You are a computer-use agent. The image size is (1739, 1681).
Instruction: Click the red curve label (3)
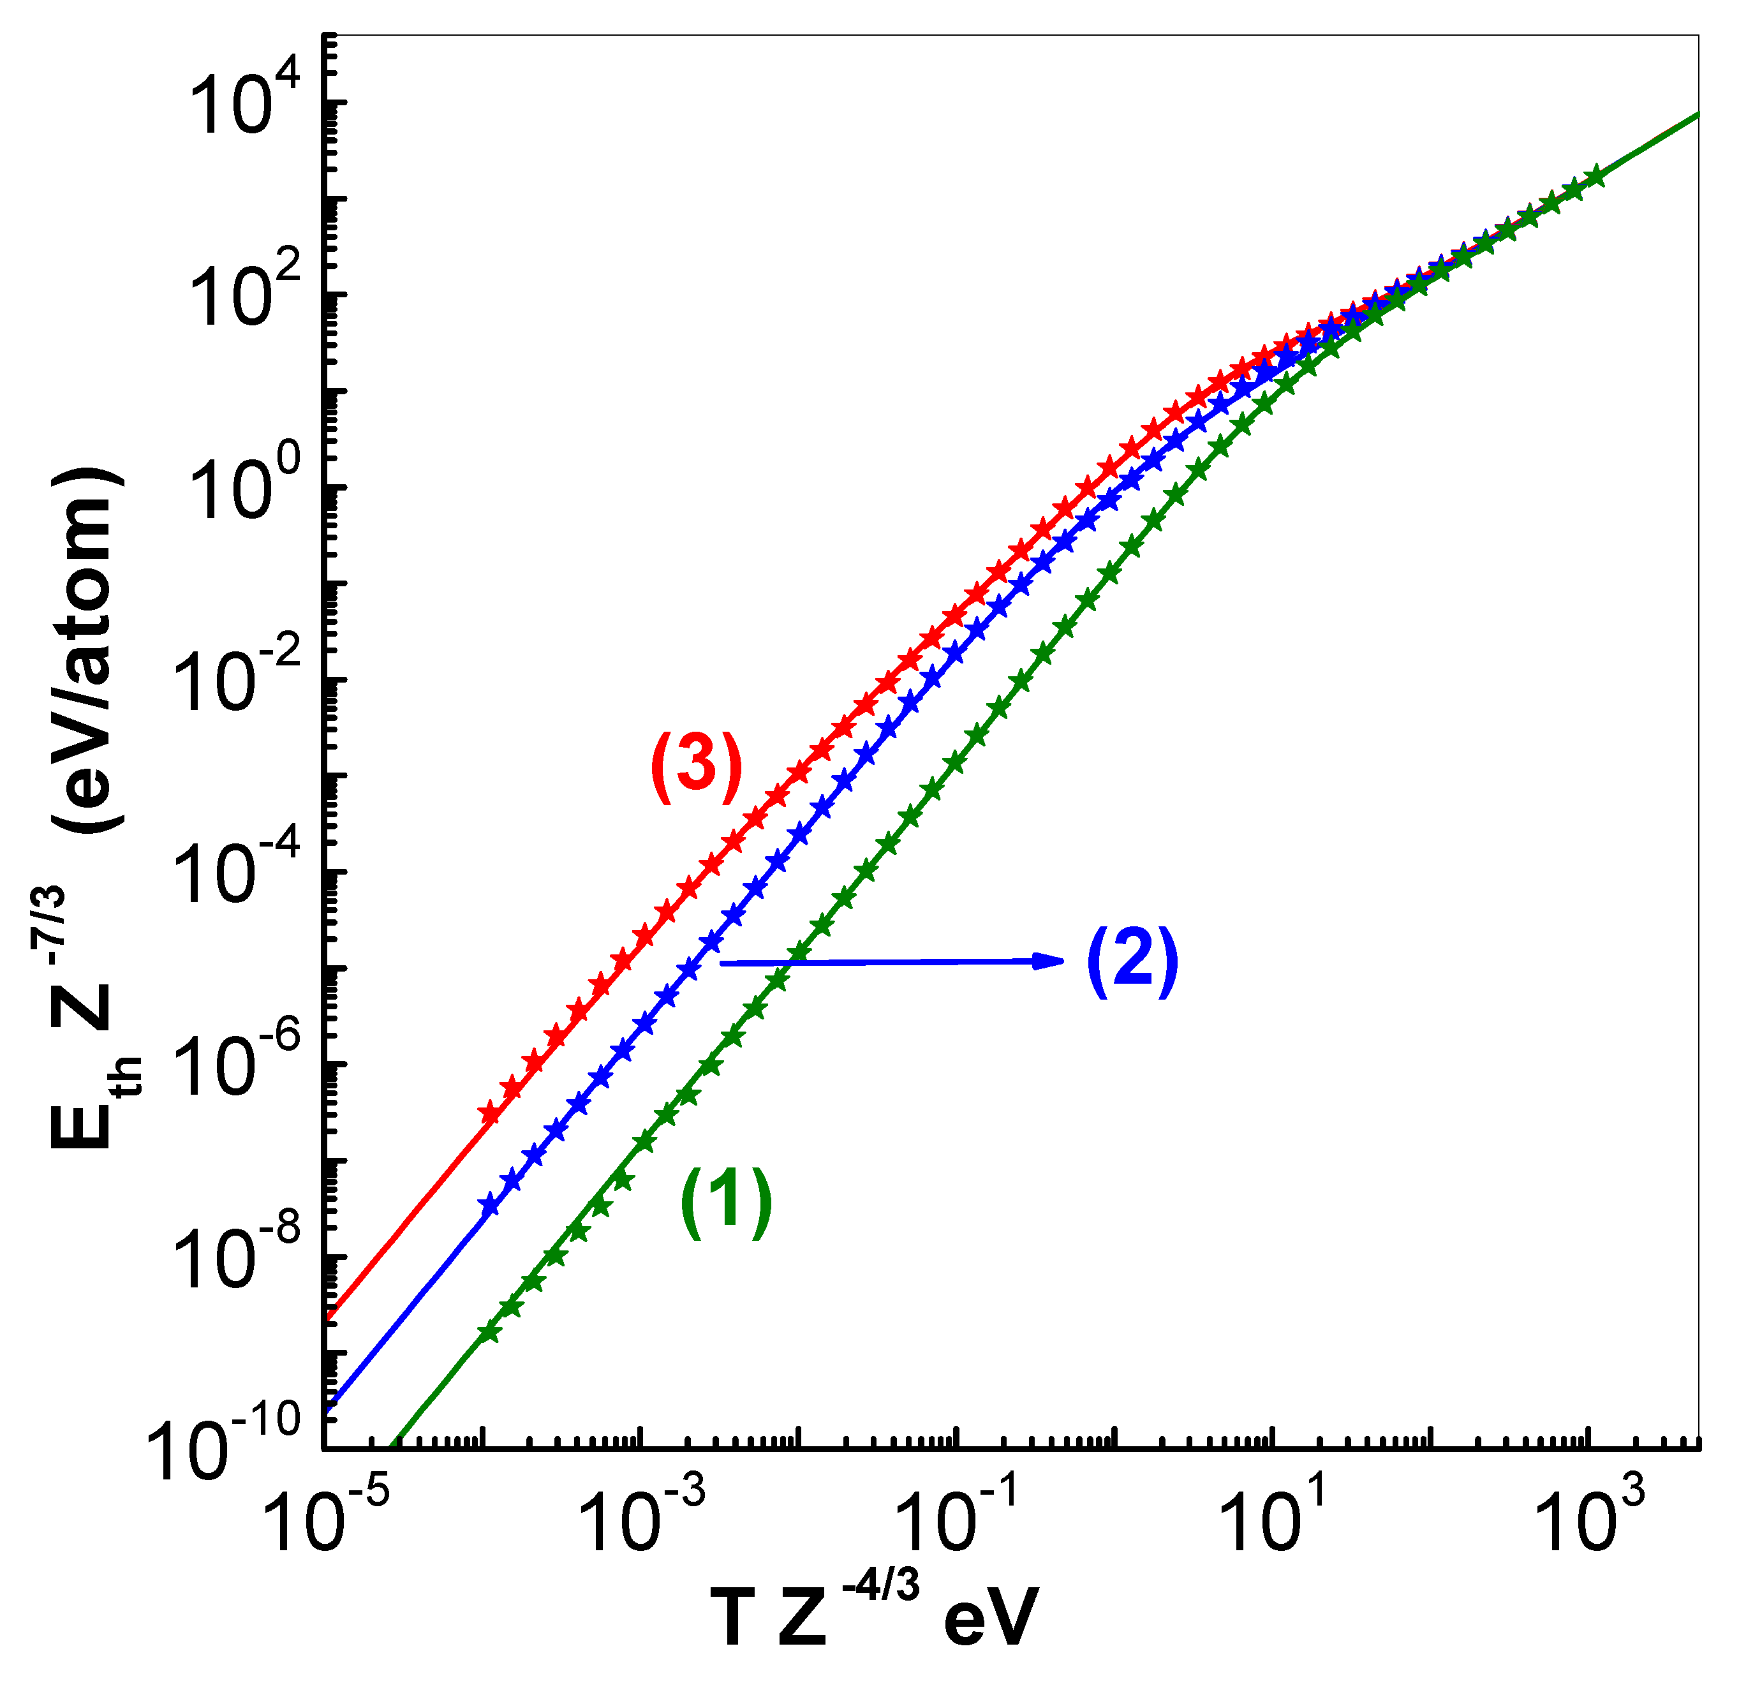tap(697, 767)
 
